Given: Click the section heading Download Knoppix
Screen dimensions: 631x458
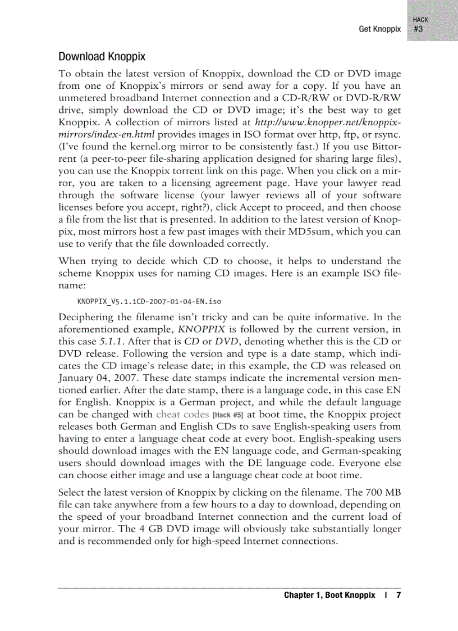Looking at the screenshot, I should click(x=102, y=57).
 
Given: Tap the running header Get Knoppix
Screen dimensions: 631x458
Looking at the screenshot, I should click(x=380, y=29).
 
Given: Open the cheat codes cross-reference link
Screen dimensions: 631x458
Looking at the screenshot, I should click(x=182, y=414).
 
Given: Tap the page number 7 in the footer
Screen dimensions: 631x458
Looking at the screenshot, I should click(x=399, y=595).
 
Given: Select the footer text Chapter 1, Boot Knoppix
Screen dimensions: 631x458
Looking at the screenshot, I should click(x=329, y=595).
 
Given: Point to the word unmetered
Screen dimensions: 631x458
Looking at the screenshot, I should click(x=85, y=97).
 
